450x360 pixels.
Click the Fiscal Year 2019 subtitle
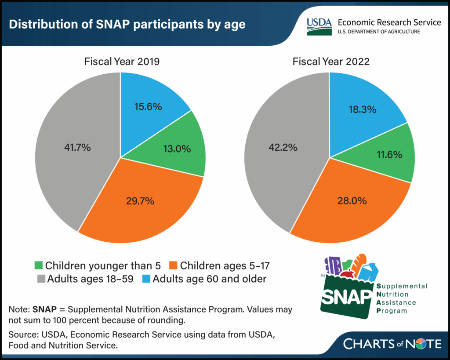pos(122,62)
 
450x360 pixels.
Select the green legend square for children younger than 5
pos(39,265)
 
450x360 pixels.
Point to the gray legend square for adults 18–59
pos(39,279)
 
